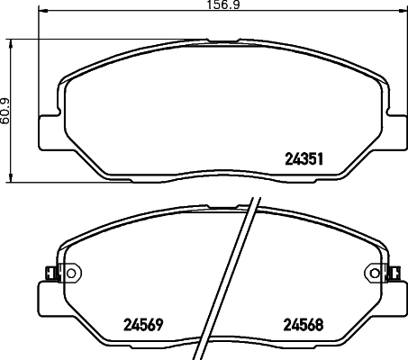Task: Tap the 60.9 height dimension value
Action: click(5, 111)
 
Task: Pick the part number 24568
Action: click(303, 325)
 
